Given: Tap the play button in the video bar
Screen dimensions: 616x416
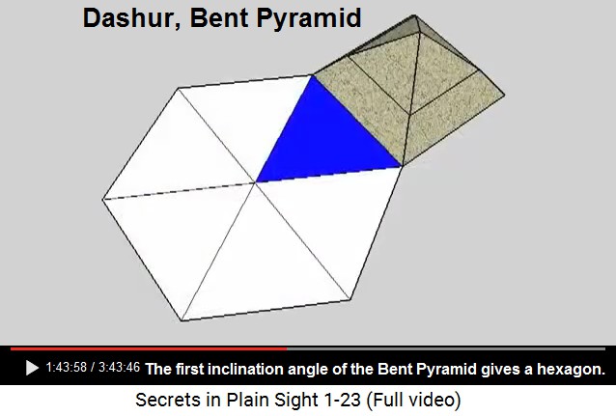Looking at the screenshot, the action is pyautogui.click(x=32, y=368).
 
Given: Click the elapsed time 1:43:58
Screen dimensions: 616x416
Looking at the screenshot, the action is pyautogui.click(x=66, y=368).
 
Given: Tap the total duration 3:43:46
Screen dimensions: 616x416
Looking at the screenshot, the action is pyautogui.click(x=119, y=368).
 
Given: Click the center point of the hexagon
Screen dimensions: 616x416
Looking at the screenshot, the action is pyautogui.click(x=255, y=182).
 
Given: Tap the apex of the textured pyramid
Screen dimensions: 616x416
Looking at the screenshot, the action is pyautogui.click(x=413, y=15).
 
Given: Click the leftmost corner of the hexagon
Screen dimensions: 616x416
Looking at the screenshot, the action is pyautogui.click(x=102, y=200).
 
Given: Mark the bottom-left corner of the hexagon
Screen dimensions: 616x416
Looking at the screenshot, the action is pyautogui.click(x=182, y=321).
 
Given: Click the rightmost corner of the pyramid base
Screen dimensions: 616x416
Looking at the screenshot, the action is pyautogui.click(x=505, y=95).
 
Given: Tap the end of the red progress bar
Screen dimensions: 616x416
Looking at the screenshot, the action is pyautogui.click(x=287, y=348).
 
